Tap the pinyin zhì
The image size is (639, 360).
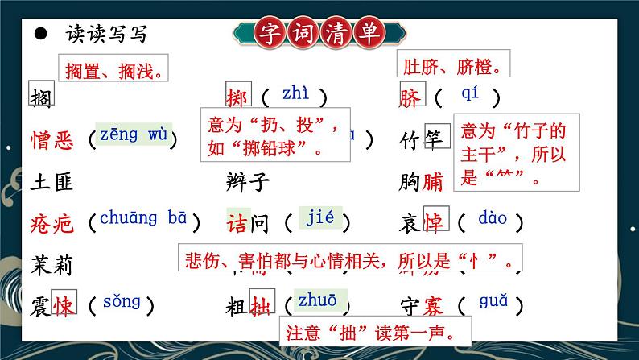(295, 95)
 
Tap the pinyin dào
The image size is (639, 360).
(492, 217)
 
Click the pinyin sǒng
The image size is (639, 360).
(122, 302)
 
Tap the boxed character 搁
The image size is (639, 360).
(39, 97)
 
